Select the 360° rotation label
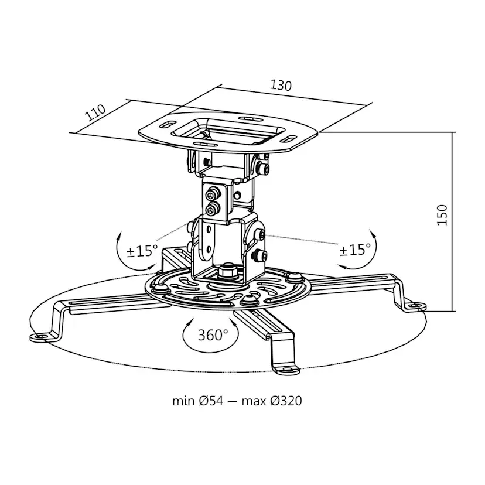click(212, 335)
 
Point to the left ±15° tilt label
click(142, 251)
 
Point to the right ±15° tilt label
click(356, 250)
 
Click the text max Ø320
click(278, 401)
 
